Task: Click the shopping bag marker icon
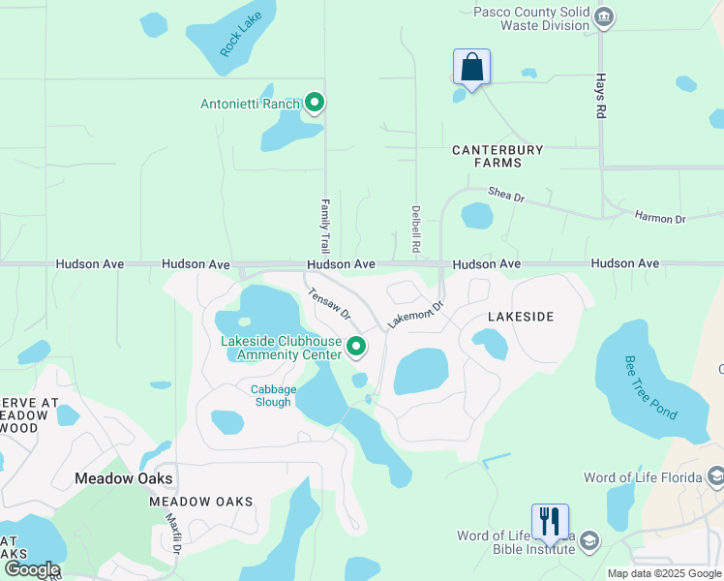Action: pos(471,68)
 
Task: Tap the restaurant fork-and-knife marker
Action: pos(550,522)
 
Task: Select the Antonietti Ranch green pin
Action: pos(314,103)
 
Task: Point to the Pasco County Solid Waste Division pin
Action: pos(604,16)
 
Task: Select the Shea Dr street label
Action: pos(505,196)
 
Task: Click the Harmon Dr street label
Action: pos(660,218)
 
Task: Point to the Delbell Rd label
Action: pos(415,229)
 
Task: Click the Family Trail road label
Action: pos(325,227)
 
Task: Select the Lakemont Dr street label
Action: pos(415,313)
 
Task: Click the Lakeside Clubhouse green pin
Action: pos(356,346)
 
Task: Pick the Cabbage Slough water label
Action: pos(271,396)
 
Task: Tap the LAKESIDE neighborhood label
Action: pos(521,317)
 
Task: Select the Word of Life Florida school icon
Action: pos(715,476)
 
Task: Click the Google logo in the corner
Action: pos(31,569)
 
